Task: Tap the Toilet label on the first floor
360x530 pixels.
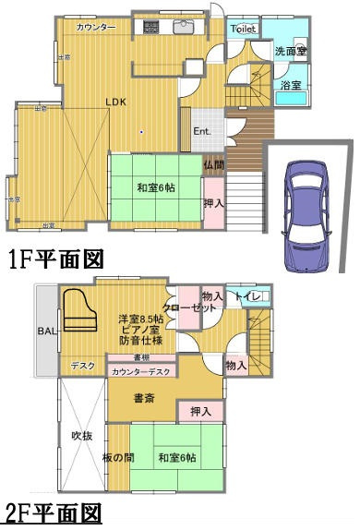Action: coord(242,30)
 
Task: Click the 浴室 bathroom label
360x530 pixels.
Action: coord(291,85)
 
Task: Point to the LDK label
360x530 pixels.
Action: coord(115,102)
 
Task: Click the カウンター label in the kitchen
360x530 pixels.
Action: coord(96,28)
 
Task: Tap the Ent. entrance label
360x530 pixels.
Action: coord(203,131)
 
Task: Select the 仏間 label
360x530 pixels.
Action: coord(213,165)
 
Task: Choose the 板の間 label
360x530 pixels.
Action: coord(117,459)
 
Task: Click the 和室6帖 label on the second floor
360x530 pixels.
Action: coord(176,458)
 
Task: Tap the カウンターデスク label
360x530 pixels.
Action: coord(140,372)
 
